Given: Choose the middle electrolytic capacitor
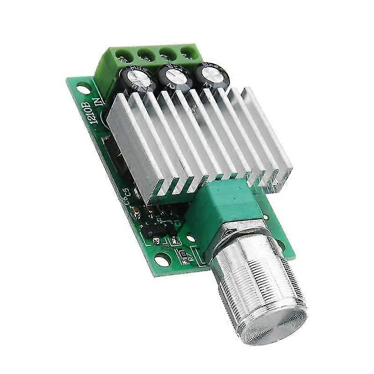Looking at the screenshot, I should (x=173, y=73).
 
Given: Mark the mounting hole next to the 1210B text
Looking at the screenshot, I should (x=82, y=86).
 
